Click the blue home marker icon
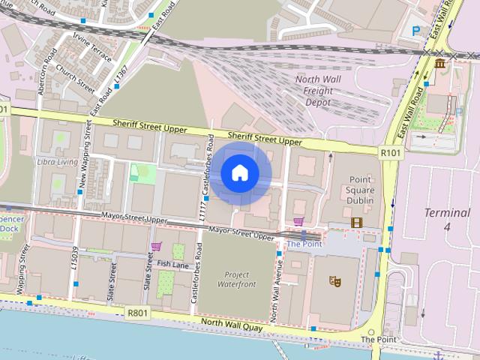(240, 172)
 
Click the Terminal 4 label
(448, 219)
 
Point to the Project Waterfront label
(236, 280)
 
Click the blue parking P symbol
(416, 31)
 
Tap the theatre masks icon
(335, 280)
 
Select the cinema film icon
(356, 223)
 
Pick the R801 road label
(137, 313)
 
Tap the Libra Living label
(57, 161)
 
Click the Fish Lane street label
(172, 264)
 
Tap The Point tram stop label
(304, 244)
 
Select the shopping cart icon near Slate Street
(156, 246)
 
